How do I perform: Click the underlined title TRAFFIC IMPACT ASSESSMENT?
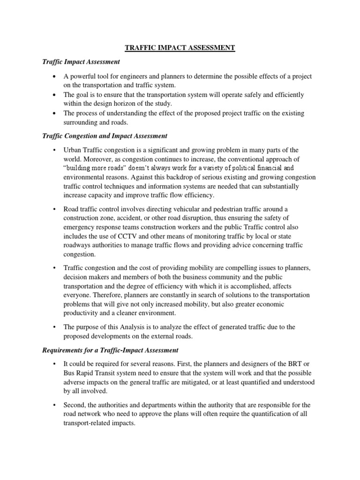pos(180,47)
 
